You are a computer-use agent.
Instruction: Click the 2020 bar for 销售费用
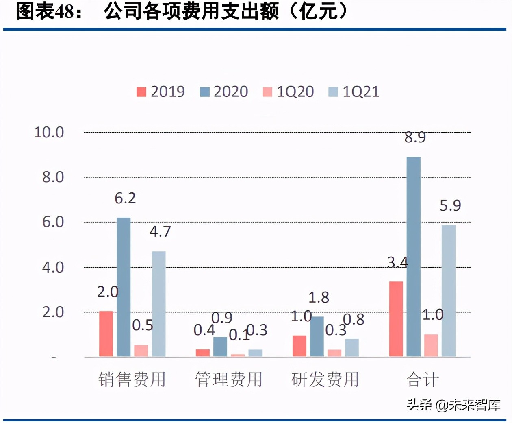(x=124, y=287)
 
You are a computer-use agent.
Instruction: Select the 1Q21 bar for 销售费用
(x=158, y=304)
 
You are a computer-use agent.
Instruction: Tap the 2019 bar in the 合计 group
(x=396, y=319)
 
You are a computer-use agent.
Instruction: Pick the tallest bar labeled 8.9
(x=413, y=256)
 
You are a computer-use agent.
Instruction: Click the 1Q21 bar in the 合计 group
(x=448, y=291)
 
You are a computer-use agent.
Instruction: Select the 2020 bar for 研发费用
(x=317, y=336)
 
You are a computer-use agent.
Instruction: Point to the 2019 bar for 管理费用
(x=203, y=353)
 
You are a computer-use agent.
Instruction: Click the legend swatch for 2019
(x=141, y=92)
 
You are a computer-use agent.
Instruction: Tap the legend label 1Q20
(x=295, y=92)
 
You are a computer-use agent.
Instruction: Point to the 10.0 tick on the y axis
(x=49, y=132)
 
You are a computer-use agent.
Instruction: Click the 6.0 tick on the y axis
(x=53, y=222)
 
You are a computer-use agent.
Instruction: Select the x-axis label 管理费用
(x=228, y=379)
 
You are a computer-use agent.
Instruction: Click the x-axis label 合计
(x=422, y=379)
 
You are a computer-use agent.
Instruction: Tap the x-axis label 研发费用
(x=325, y=379)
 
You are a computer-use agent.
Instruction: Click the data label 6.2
(x=125, y=198)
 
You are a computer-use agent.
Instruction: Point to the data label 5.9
(x=450, y=206)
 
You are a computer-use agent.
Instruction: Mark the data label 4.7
(x=160, y=232)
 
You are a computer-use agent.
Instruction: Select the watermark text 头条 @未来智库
(x=453, y=405)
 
